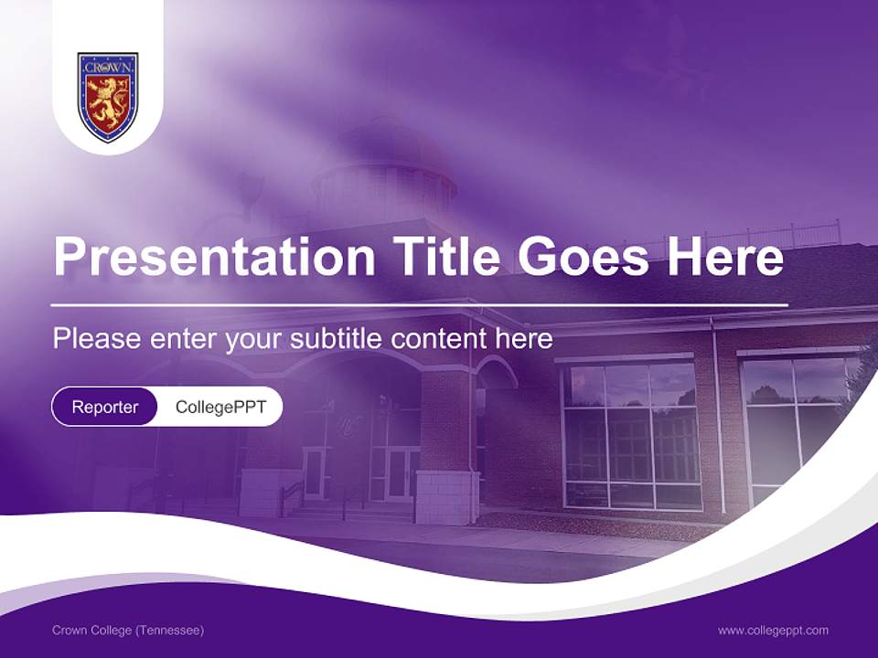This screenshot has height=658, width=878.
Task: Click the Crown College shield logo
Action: click(x=108, y=97)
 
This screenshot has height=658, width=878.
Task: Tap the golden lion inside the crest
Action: click(x=108, y=103)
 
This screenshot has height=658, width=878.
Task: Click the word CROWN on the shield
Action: click(x=108, y=68)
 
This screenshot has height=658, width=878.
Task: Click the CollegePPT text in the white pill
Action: click(x=220, y=407)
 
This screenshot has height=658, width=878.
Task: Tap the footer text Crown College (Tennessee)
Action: click(x=128, y=631)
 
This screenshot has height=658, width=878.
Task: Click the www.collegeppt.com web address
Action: click(x=773, y=631)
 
